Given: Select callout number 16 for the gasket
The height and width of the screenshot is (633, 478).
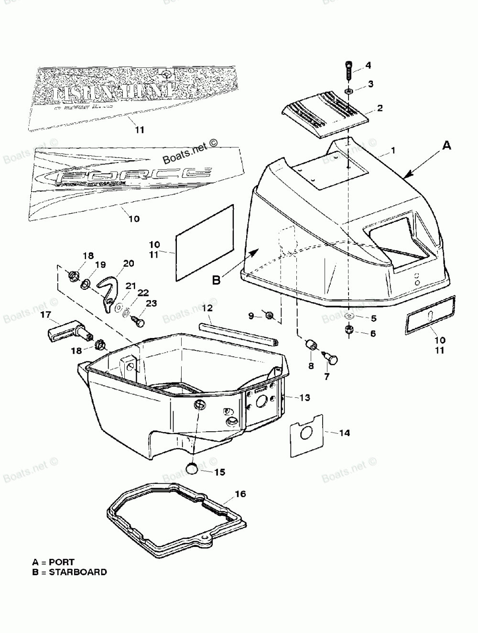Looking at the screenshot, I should [x=240, y=494].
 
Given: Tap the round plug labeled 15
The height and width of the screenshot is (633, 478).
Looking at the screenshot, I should [x=192, y=468].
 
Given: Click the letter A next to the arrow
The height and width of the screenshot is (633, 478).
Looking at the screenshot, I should [x=446, y=146].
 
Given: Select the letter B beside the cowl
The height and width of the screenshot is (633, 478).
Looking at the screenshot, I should [x=216, y=281].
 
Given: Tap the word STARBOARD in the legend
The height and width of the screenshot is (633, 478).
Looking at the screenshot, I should [x=78, y=572].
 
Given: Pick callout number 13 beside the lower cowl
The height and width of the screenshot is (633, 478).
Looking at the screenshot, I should [x=304, y=398].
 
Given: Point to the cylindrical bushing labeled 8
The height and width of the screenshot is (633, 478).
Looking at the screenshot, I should [x=312, y=344].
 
